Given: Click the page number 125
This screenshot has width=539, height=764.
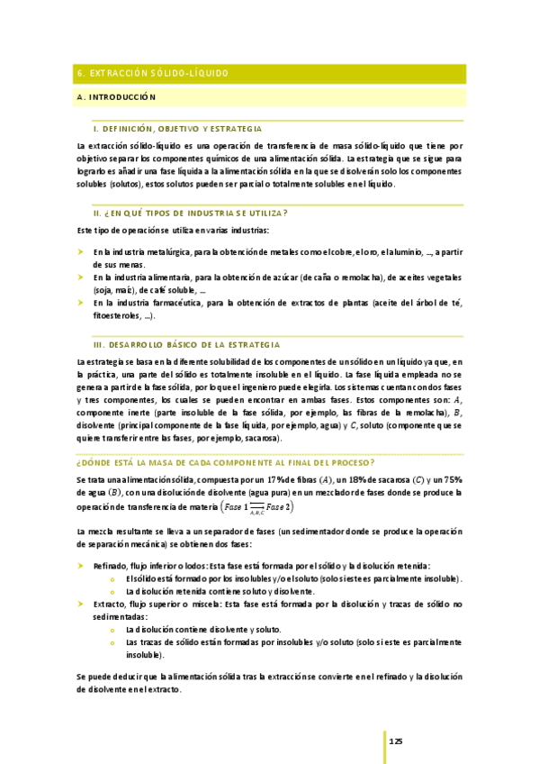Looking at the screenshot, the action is pos(396,741).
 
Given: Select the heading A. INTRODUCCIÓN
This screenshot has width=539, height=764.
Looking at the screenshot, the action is pos(118,95).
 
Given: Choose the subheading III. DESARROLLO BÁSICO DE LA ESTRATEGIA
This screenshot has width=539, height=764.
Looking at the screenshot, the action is pos(186,344).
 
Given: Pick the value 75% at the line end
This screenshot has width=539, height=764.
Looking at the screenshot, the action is pos(452,480).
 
